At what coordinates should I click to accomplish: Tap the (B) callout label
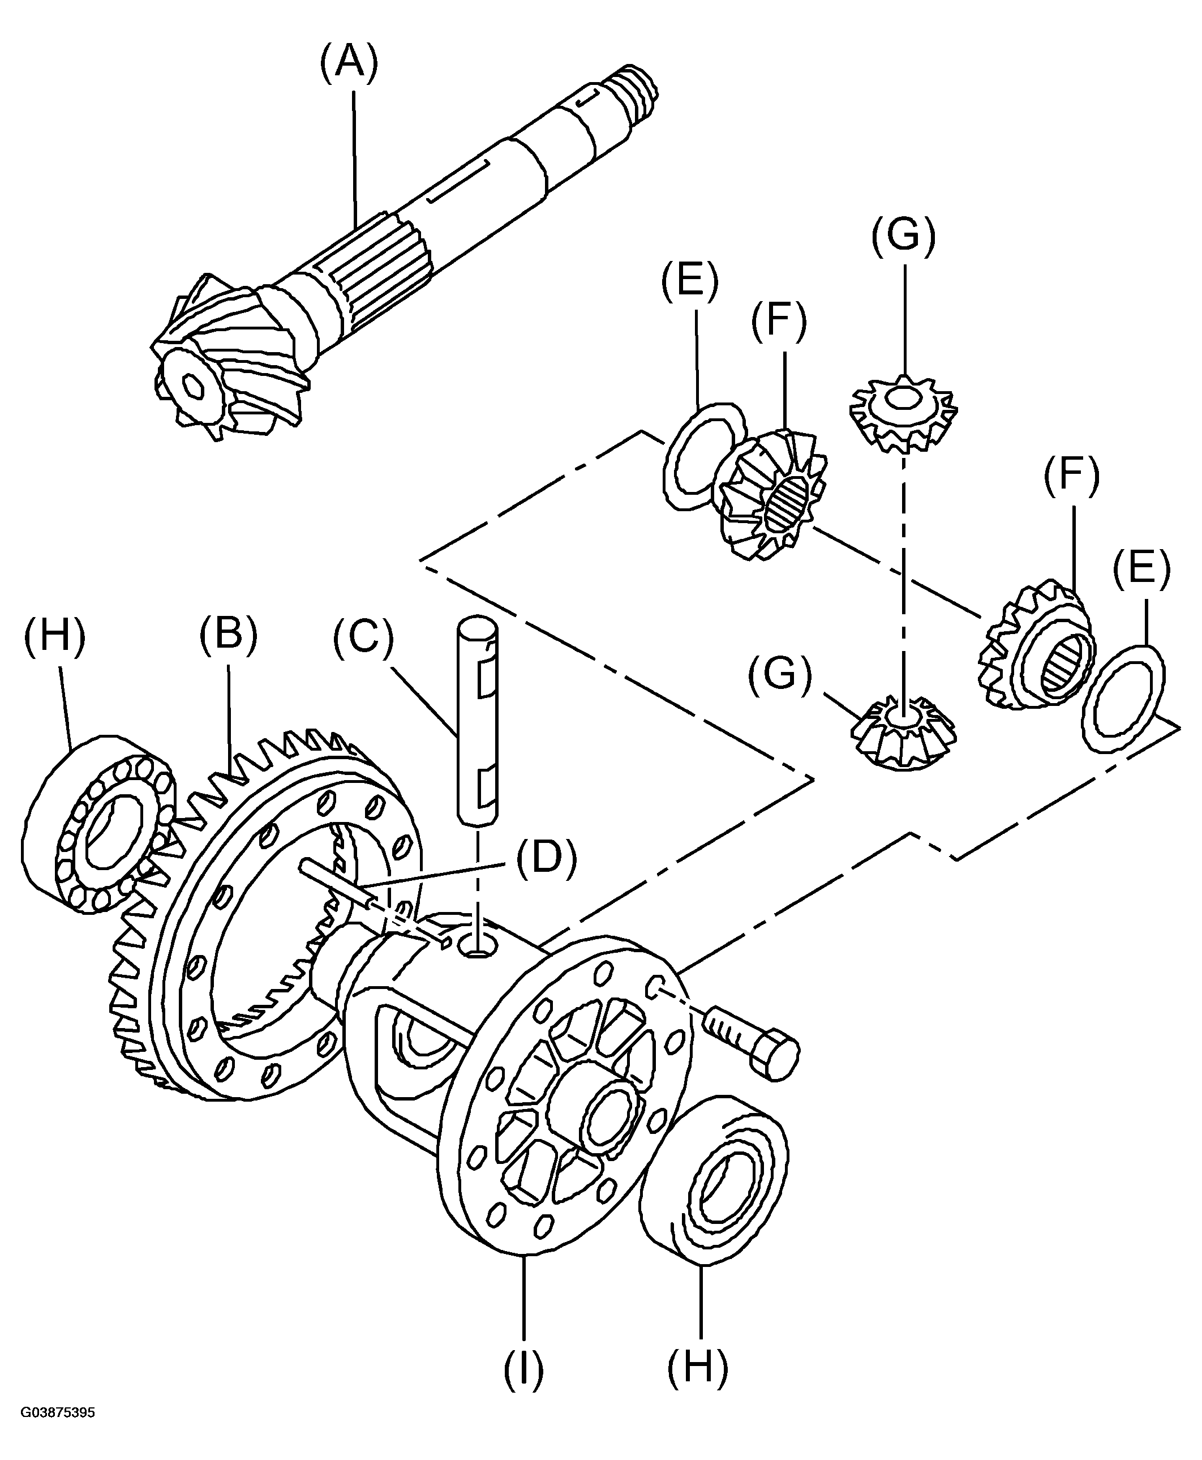(x=228, y=637)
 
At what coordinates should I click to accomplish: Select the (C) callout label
(x=363, y=638)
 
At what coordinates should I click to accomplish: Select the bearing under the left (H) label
(x=97, y=824)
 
